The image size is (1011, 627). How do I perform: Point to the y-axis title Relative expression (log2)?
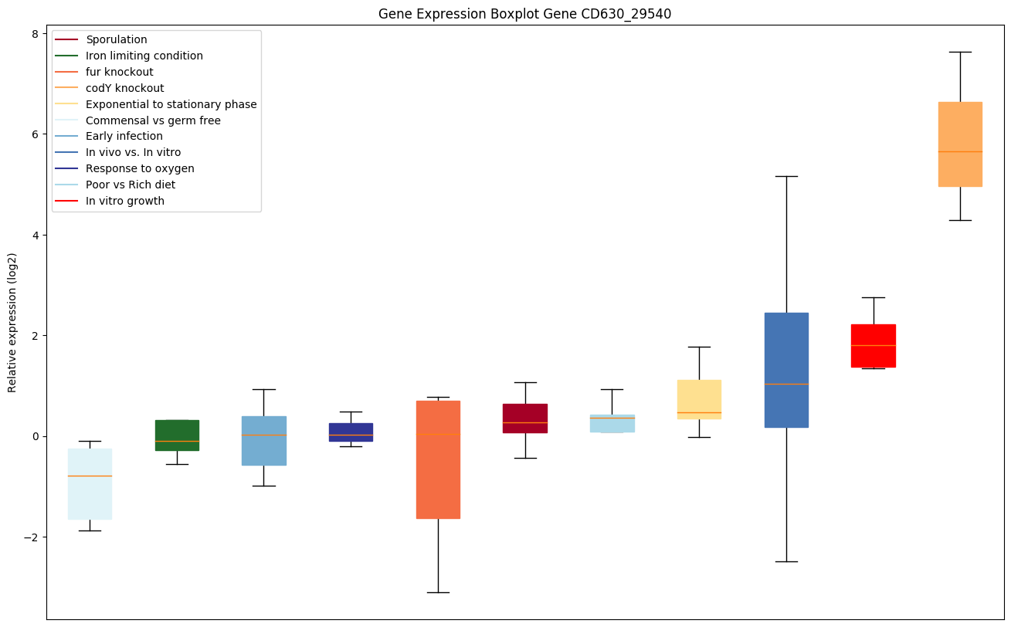[x=12, y=323]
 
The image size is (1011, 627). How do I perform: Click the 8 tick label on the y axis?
[x=34, y=33]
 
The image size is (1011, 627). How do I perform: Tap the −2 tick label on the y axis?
[x=31, y=537]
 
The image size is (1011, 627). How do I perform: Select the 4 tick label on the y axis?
[x=34, y=235]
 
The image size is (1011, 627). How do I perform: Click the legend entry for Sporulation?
[x=117, y=39]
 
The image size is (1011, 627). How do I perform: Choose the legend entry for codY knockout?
[x=125, y=88]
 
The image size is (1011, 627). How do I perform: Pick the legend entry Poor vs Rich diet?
[x=131, y=185]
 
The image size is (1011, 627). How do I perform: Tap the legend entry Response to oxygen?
[x=140, y=168]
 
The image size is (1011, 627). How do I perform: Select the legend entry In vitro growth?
[x=125, y=201]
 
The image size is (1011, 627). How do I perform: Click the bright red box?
[x=873, y=345]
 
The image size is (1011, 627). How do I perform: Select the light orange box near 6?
[x=959, y=144]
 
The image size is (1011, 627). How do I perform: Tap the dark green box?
[x=177, y=435]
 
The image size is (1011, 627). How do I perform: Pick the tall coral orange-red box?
[x=438, y=459]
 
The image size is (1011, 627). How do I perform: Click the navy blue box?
[x=351, y=432]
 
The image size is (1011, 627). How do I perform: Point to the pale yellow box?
[x=699, y=399]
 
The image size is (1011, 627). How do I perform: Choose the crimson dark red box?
[x=525, y=418]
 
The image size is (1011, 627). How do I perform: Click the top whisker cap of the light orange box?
[x=959, y=52]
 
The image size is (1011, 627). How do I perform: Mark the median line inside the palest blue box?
[x=90, y=476]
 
